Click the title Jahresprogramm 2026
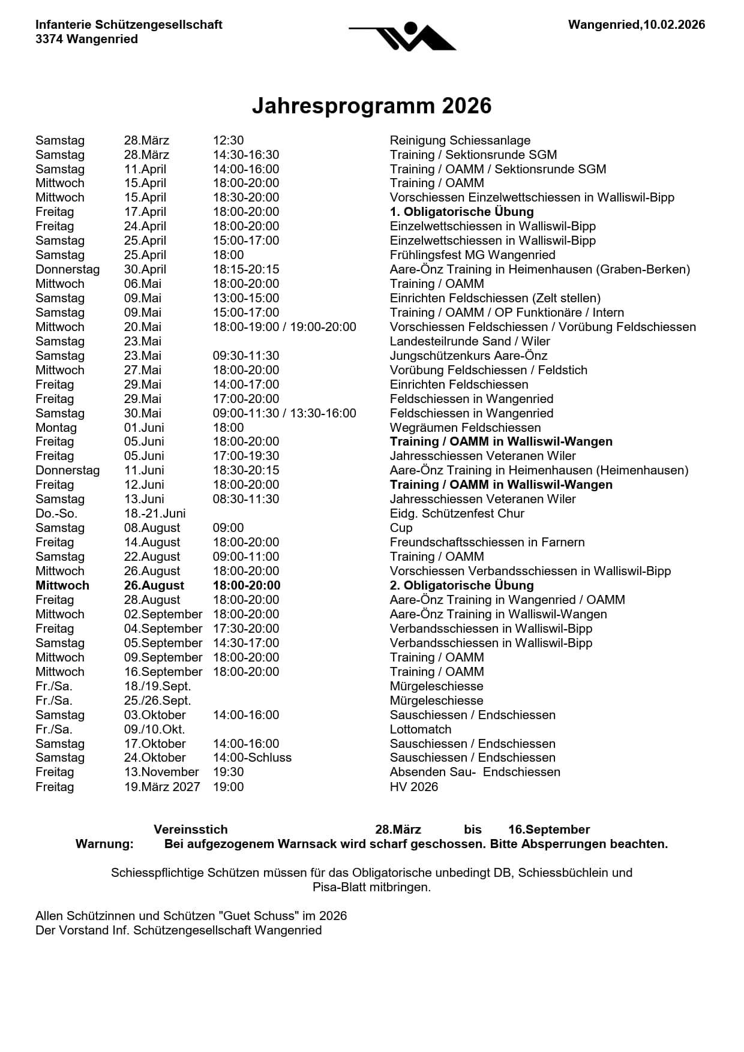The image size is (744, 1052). click(371, 106)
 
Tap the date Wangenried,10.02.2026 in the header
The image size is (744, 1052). click(636, 25)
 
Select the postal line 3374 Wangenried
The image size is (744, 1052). click(86, 39)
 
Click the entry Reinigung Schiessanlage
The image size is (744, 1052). click(460, 140)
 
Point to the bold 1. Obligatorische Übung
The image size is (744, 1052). click(461, 212)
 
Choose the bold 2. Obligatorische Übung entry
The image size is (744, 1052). click(461, 585)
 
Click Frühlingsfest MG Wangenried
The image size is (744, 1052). click(472, 255)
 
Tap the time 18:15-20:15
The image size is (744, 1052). click(246, 269)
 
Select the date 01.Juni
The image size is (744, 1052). click(144, 428)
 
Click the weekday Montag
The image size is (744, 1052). click(56, 428)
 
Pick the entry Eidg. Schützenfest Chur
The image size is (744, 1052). click(457, 513)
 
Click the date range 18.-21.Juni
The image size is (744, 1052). click(155, 513)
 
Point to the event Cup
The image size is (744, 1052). click(401, 528)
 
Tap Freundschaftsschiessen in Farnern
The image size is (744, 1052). click(487, 542)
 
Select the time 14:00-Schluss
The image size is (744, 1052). click(252, 758)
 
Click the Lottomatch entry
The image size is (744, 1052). click(420, 729)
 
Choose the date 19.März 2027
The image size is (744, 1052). click(162, 786)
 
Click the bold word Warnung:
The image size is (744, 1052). click(104, 844)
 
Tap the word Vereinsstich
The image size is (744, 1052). click(190, 829)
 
